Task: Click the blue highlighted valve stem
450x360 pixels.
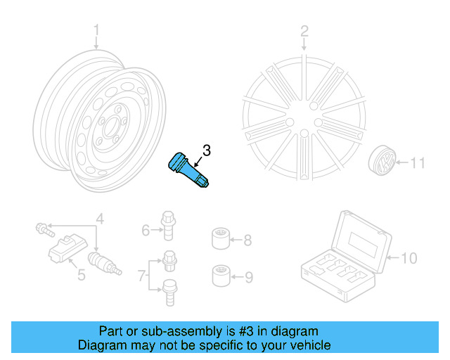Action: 188,172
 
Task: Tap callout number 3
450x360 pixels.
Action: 206,150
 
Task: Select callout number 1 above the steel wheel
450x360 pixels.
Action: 97,30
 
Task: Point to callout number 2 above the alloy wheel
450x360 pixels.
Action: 304,31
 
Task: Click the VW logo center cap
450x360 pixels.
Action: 381,164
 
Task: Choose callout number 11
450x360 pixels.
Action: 418,164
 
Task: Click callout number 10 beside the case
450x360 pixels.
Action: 409,258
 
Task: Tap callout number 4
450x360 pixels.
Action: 100,219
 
